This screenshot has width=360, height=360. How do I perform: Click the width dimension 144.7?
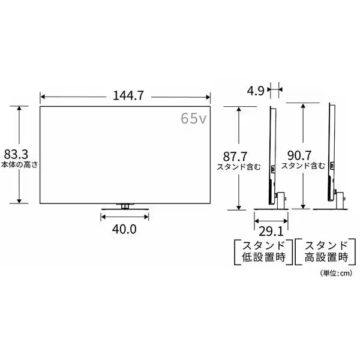pyautogui.click(x=128, y=95)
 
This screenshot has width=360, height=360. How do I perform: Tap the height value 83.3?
pyautogui.click(x=16, y=154)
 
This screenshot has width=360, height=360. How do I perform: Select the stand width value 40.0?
pyautogui.click(x=124, y=229)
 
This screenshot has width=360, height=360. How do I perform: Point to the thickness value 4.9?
pyautogui.click(x=256, y=91)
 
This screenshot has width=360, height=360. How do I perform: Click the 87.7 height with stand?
pyautogui.click(x=235, y=157)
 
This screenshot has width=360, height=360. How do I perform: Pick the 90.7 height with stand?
pyautogui.click(x=299, y=155)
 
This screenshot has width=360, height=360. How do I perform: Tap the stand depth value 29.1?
pyautogui.click(x=271, y=231)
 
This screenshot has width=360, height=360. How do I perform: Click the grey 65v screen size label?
pyautogui.click(x=194, y=118)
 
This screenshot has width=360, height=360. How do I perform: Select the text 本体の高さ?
pyautogui.click(x=19, y=165)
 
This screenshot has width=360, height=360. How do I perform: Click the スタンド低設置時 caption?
pyautogui.click(x=263, y=251)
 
